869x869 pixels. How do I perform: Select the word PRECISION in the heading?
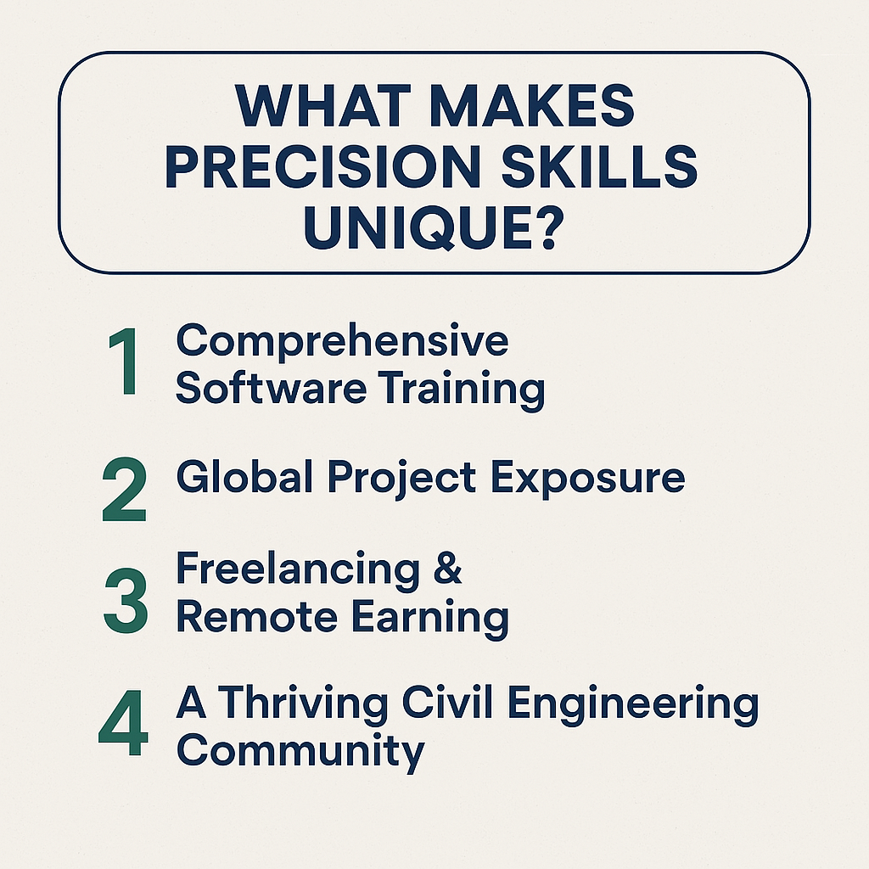point(322,166)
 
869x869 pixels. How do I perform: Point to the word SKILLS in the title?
point(599,166)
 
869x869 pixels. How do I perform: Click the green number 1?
point(123,361)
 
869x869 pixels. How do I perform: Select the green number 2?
point(124,490)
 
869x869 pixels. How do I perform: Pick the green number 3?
point(126,600)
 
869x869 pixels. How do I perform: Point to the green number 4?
point(123,723)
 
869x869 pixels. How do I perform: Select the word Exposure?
point(588,479)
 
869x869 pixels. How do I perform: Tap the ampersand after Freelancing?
point(447,567)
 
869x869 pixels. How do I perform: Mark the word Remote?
point(256,616)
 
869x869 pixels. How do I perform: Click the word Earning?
point(430,619)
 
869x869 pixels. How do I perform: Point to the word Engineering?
point(633,705)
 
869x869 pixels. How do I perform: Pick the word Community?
point(300,753)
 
